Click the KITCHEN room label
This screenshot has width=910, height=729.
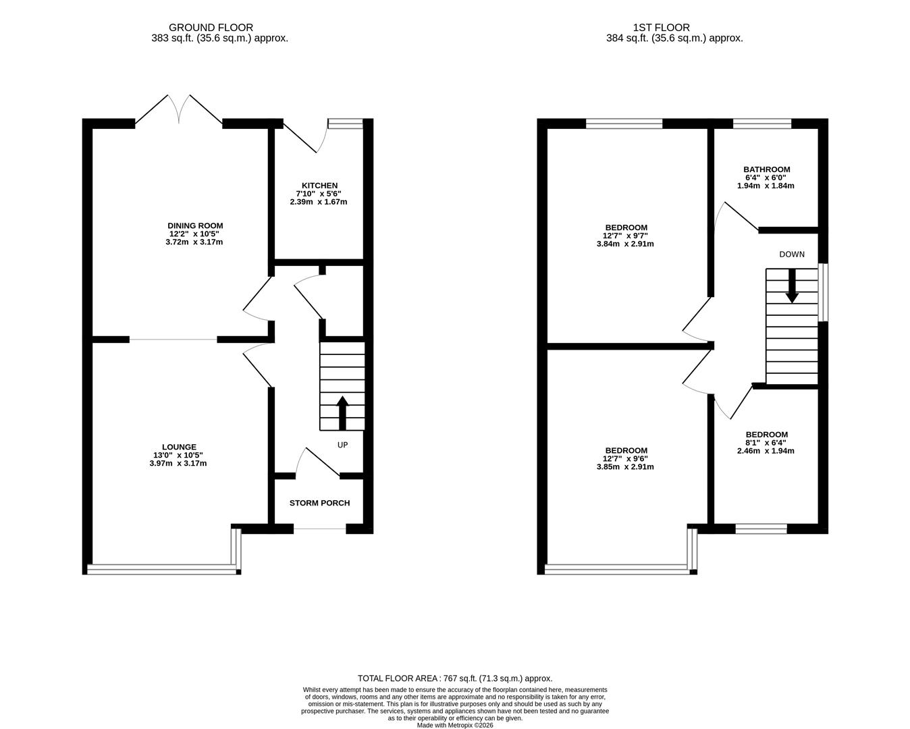pos(319,186)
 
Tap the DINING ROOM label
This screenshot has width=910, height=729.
pos(195,225)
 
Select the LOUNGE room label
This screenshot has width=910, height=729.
pos(179,447)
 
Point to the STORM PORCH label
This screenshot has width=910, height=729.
pos(319,503)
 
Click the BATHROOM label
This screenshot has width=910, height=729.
pos(766,169)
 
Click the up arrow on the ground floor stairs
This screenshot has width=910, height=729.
pos(342,412)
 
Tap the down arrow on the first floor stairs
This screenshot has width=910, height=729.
pos(792,286)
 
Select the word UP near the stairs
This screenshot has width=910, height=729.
pos(343,446)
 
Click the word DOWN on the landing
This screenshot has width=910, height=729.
pos(791,254)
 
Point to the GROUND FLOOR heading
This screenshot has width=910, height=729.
pos(211,28)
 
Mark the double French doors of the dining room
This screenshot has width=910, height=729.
pos(179,109)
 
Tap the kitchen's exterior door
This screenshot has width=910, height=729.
pos(304,137)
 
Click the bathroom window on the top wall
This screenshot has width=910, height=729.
pos(762,123)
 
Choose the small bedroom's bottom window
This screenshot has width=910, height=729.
pos(761,529)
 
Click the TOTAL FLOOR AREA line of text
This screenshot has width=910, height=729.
pos(454,678)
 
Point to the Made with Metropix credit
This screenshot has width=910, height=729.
pos(454,726)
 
